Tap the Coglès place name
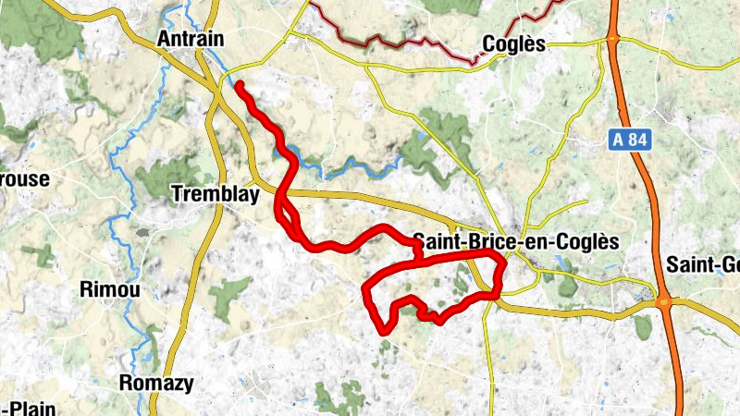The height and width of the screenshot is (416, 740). [515, 44]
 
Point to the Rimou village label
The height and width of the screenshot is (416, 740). [110, 290]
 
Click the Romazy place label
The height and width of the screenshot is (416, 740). [156, 382]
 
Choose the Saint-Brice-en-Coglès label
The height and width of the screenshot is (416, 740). [514, 240]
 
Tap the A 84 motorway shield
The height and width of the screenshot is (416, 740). [631, 141]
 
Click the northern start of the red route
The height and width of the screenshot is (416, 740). [239, 85]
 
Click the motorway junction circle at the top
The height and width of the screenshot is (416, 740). [611, 38]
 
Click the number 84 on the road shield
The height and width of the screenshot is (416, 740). [639, 141]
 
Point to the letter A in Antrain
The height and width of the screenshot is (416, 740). [164, 39]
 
